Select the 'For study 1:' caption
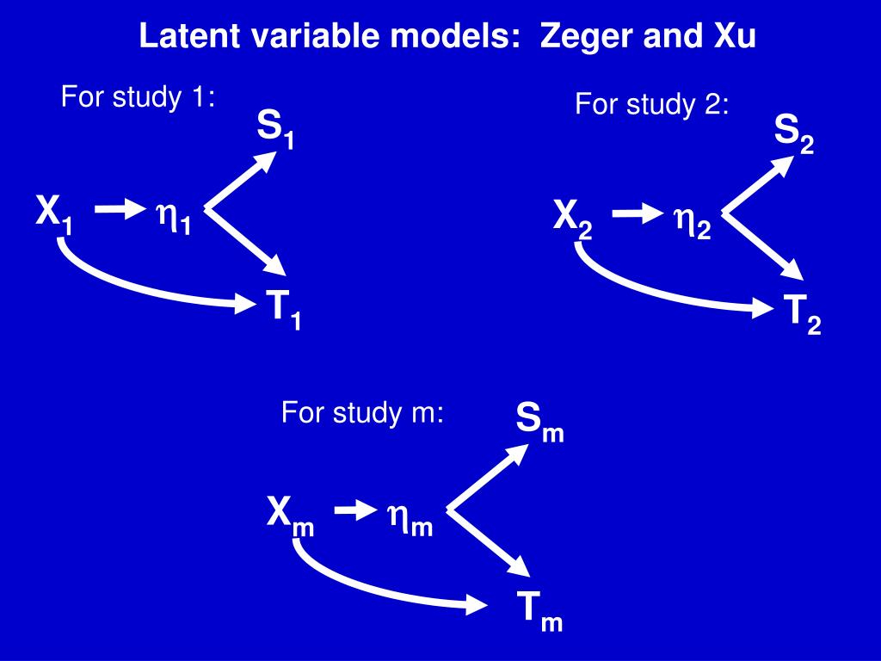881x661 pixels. point(137,97)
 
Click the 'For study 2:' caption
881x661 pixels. point(651,105)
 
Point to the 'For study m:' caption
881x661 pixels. point(362,414)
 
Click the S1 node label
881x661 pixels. point(275,131)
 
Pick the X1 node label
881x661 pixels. point(54,213)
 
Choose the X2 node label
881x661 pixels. point(572,219)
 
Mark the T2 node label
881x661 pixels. point(802,314)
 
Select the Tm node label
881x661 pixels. point(539,612)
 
